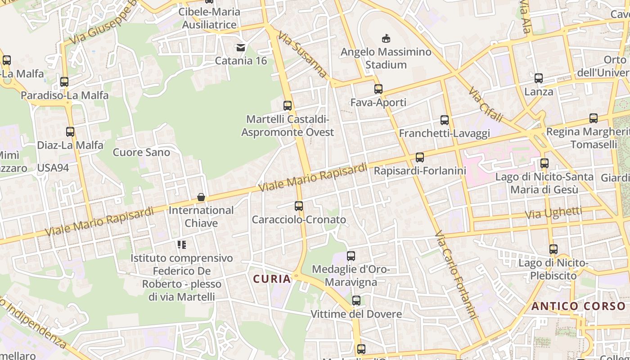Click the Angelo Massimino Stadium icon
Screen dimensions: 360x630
coord(386,39)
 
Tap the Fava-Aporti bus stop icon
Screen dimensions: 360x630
coord(378,89)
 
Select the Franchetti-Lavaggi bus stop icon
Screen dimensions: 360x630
coord(445,120)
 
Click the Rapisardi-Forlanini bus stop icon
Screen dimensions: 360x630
coord(420,157)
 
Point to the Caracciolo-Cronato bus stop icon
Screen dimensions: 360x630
coord(299,206)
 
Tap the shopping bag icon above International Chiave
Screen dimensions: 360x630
coord(201,197)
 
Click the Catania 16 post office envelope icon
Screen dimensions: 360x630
coord(241,47)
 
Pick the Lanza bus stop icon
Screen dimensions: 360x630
coord(539,78)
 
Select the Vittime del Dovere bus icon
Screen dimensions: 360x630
coord(356,301)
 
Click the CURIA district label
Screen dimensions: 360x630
coord(272,279)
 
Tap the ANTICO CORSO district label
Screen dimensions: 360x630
coord(578,306)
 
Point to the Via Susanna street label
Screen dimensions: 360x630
coord(302,54)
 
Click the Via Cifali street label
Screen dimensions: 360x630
coord(485,104)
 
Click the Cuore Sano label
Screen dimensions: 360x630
coord(141,152)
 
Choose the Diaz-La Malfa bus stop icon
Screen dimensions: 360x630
coord(70,132)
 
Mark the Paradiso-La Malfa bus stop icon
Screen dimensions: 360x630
coord(64,82)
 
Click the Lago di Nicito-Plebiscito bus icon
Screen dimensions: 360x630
coord(553,249)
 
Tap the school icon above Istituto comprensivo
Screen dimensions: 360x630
coord(182,245)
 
